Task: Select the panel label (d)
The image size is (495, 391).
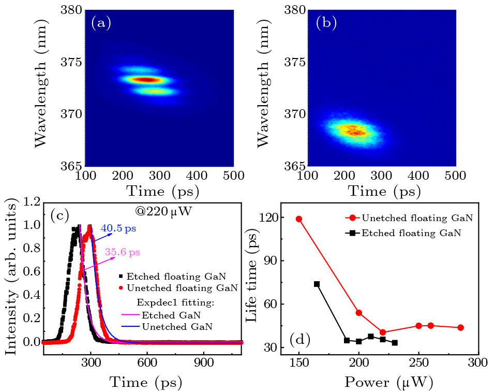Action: coord(300,340)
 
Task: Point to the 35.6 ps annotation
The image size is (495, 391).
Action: coord(123,253)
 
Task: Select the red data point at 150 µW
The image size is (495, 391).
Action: coord(299,219)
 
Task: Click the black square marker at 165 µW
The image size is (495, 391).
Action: coord(317,284)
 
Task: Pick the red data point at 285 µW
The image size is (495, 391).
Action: coord(460,327)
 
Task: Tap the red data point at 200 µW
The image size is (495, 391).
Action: coord(359,313)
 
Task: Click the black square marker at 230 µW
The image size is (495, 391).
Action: coord(395,343)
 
